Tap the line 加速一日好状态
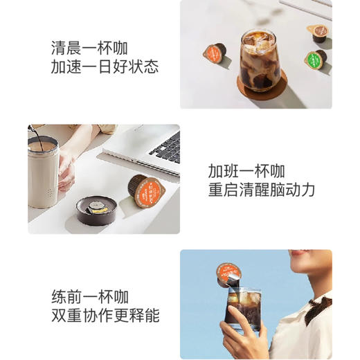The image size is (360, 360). [105, 67]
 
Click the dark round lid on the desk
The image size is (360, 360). [97, 208]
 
